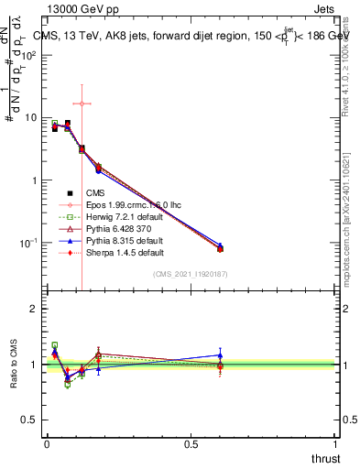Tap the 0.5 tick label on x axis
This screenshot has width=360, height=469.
pyautogui.click(x=191, y=444)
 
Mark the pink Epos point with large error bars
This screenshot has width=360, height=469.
pyautogui.click(x=82, y=104)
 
